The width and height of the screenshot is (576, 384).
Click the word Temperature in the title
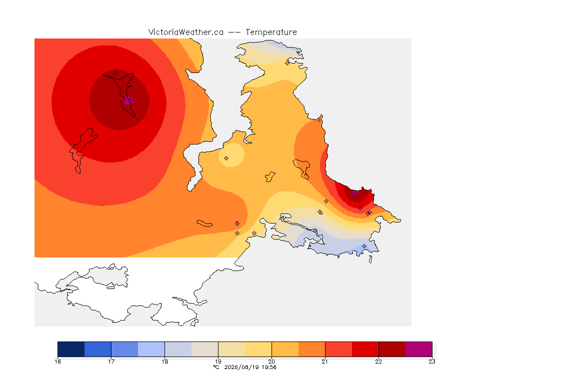click(x=271, y=32)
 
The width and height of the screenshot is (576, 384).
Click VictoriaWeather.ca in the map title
click(x=186, y=32)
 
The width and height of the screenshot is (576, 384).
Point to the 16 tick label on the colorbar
click(x=57, y=361)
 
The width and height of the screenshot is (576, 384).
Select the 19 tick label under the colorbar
click(x=218, y=361)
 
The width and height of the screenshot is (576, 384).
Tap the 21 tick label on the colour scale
click(x=325, y=361)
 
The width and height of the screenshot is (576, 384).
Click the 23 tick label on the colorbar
click(x=432, y=361)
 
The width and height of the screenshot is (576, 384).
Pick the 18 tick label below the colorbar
click(x=164, y=361)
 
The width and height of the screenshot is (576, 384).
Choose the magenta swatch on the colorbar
click(x=419, y=349)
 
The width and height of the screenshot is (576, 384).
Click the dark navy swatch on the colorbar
click(x=71, y=349)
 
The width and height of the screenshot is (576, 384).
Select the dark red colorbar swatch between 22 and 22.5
click(x=392, y=349)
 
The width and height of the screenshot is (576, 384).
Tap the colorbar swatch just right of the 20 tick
click(x=285, y=349)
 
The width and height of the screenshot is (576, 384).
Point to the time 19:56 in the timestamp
click(x=269, y=367)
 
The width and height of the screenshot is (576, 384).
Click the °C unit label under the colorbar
click(x=216, y=367)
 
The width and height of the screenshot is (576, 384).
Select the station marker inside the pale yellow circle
click(x=226, y=158)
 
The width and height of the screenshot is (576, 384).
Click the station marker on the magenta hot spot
click(x=129, y=100)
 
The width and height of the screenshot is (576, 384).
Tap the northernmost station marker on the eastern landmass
click(x=287, y=63)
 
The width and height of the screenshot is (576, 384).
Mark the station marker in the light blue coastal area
click(x=364, y=246)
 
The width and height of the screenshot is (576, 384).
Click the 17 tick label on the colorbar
click(x=111, y=361)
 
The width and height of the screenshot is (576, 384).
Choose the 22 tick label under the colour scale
click(x=378, y=361)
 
